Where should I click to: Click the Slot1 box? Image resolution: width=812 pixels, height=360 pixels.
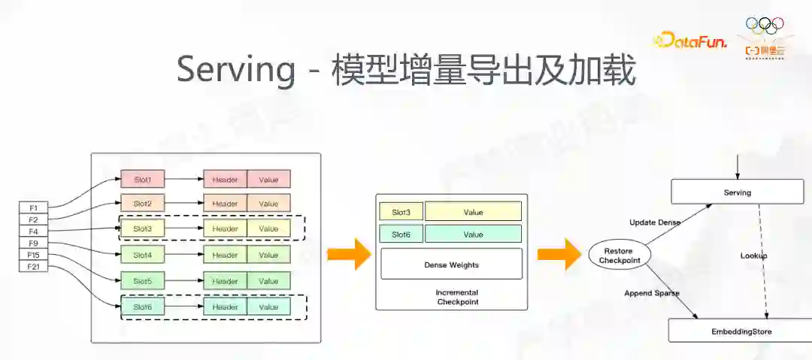[142, 180]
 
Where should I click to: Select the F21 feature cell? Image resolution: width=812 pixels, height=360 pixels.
[33, 267]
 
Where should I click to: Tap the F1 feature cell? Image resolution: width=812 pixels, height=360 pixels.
[33, 207]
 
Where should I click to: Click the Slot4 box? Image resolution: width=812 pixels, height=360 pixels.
[142, 256]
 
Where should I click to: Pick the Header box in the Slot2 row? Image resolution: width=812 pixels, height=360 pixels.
[225, 204]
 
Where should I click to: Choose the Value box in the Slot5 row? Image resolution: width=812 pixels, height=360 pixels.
[268, 281]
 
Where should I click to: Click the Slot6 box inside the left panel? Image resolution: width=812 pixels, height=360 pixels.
[142, 307]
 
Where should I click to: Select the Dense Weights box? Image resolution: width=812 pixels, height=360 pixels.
[451, 265]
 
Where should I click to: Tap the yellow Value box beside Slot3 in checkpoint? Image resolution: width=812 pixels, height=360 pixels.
[473, 212]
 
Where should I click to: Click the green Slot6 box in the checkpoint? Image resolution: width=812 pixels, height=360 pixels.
[401, 234]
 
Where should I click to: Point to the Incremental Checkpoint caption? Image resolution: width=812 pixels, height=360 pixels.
[457, 297]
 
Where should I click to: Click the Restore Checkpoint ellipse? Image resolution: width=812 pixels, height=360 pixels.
[617, 256]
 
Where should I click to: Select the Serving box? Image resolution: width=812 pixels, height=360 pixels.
[737, 192]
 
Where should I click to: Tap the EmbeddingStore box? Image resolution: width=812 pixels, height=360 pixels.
[741, 331]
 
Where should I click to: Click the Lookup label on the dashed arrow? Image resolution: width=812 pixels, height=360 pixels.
[753, 256]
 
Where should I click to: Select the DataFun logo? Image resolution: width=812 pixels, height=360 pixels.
[689, 41]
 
